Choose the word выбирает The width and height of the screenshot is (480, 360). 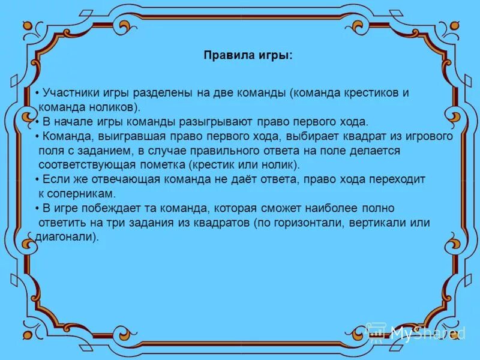pos(309,136)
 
